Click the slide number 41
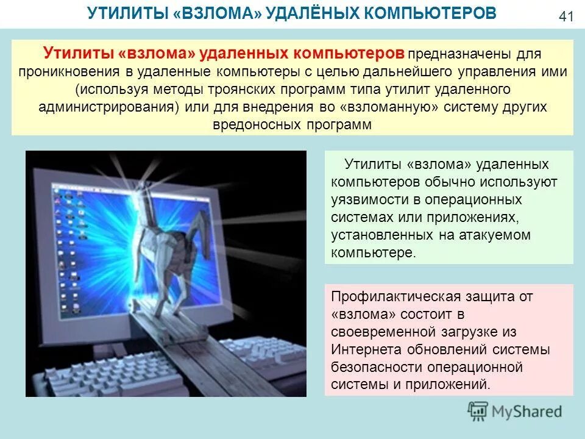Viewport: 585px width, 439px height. click(566, 16)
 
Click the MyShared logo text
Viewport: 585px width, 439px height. click(527, 412)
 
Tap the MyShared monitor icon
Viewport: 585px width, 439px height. click(478, 411)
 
